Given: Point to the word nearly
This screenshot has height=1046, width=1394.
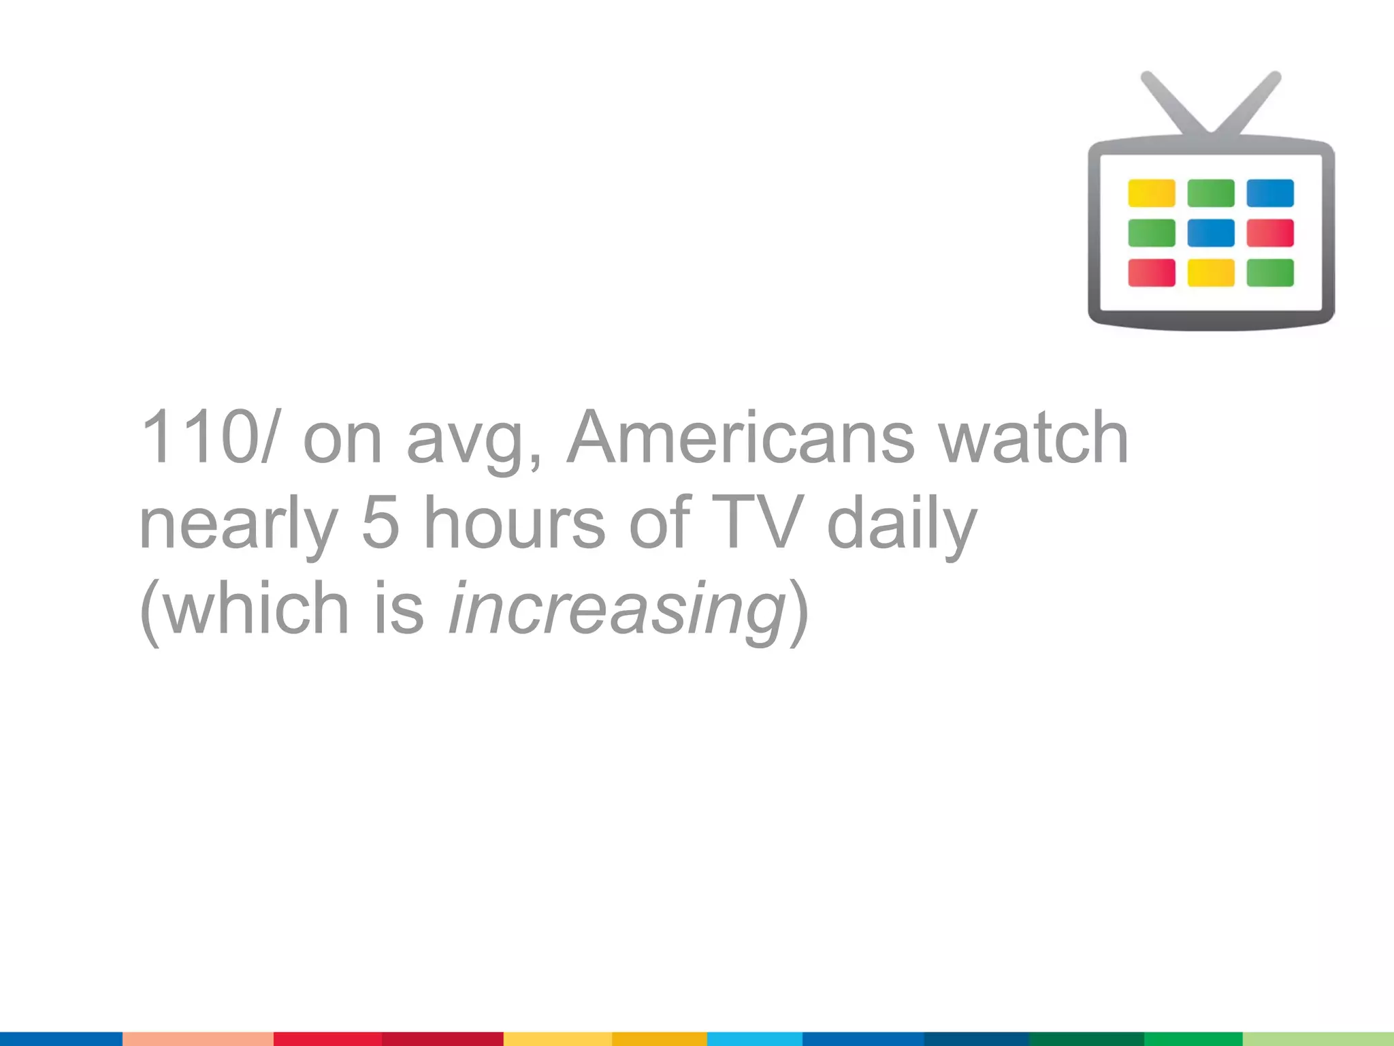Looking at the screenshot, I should click(x=238, y=524).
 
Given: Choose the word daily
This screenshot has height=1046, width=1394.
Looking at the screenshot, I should click(x=902, y=524).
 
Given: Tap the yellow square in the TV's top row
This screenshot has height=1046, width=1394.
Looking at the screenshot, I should click(x=1151, y=193).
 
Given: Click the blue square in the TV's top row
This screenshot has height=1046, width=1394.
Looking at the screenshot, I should click(x=1269, y=193).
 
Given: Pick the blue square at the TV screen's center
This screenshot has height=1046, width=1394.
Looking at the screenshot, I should click(x=1210, y=233).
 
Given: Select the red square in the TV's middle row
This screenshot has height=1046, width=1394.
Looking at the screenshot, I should click(x=1269, y=233).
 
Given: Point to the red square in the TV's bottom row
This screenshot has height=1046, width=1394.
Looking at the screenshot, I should click(x=1151, y=273).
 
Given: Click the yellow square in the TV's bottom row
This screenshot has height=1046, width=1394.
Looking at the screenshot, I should click(x=1210, y=273).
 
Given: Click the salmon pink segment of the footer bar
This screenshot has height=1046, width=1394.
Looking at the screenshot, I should click(x=197, y=1039).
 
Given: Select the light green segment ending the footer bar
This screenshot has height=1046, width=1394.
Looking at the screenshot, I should click(x=1318, y=1039).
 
